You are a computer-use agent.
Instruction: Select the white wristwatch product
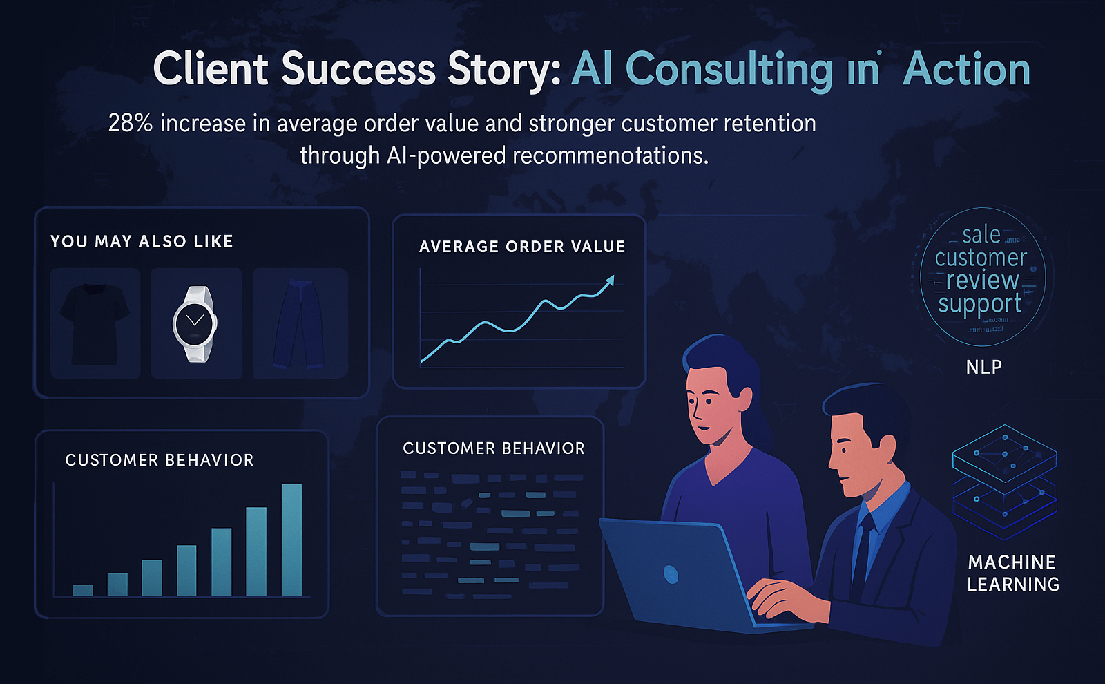click(195, 323)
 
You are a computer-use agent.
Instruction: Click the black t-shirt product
click(95, 323)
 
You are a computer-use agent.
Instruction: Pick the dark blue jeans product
click(299, 323)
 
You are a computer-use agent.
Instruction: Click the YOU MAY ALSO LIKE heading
click(142, 242)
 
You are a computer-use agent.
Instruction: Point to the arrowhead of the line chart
click(609, 280)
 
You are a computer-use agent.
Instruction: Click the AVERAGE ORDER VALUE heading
click(521, 247)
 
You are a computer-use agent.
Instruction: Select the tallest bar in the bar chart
click(291, 540)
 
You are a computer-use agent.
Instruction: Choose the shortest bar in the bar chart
click(83, 589)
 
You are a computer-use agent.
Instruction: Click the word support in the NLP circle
click(979, 304)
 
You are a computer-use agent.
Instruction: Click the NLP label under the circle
click(983, 367)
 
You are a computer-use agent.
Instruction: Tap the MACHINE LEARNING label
click(1012, 573)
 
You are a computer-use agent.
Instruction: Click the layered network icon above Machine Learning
click(1004, 480)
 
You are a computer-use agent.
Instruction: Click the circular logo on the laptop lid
click(671, 573)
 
